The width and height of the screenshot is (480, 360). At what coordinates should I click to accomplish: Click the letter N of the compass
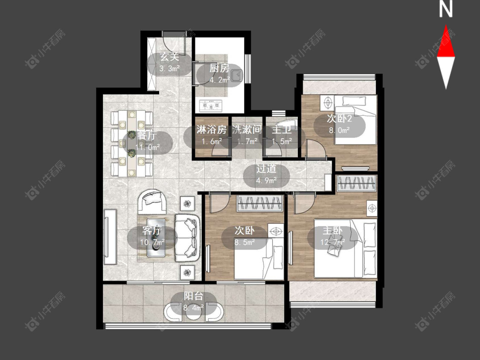pyautogui.click(x=446, y=9)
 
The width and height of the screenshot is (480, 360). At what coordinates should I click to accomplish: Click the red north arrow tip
pyautogui.click(x=446, y=26)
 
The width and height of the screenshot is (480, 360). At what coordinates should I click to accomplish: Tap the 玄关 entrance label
pyautogui.click(x=169, y=57)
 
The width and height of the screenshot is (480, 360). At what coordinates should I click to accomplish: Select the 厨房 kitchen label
pyautogui.click(x=219, y=68)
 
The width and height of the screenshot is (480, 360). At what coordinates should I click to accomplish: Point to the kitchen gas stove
pyautogui.click(x=211, y=106)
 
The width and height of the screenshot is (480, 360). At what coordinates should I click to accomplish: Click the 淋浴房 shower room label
pyautogui.click(x=212, y=130)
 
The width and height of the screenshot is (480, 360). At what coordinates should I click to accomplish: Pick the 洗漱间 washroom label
pyautogui.click(x=247, y=130)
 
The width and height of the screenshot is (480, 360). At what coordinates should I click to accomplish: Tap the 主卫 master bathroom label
pyautogui.click(x=282, y=130)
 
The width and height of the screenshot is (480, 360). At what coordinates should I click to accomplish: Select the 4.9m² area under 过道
pyautogui.click(x=266, y=180)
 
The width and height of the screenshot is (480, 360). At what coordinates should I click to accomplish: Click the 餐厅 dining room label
pyautogui.click(x=147, y=135)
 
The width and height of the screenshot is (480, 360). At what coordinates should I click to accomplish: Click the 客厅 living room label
pyautogui.click(x=152, y=230)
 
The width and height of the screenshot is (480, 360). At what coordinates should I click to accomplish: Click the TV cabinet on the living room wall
pyautogui.click(x=111, y=237)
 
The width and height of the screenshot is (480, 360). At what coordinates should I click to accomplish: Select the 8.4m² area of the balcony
pyautogui.click(x=194, y=308)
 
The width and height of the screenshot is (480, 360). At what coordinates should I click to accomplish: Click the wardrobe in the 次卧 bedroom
pyautogui.click(x=260, y=203)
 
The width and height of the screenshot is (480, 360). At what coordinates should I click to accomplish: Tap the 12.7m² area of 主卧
pyautogui.click(x=333, y=242)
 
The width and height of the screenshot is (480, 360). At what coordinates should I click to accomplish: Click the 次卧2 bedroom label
pyautogui.click(x=339, y=119)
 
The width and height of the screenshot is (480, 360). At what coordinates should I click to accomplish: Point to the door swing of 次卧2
pyautogui.click(x=315, y=149)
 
